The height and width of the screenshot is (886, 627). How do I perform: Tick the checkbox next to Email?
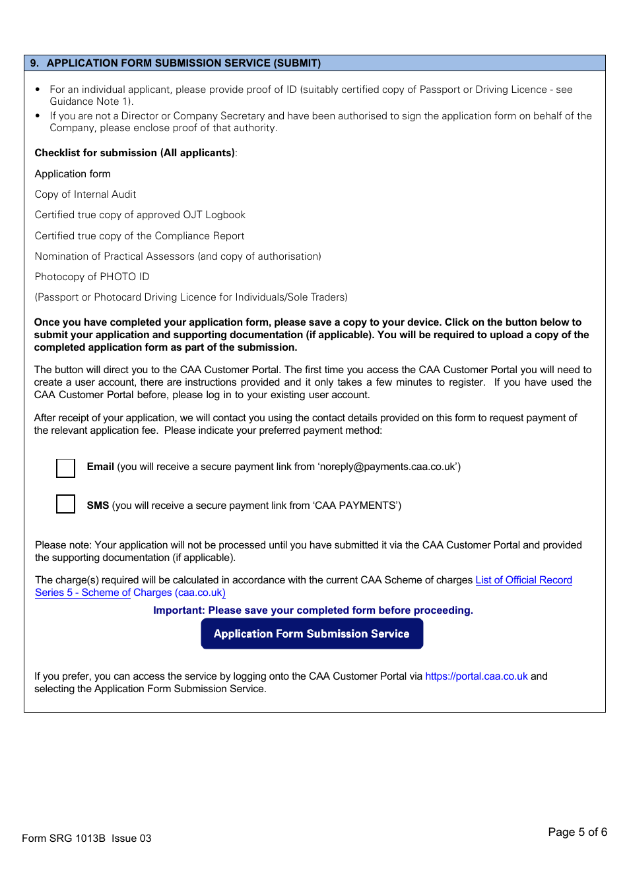tap(66, 468)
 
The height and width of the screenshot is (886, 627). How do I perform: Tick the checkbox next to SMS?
tap(66, 504)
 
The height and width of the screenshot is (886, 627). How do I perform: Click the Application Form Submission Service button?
tap(312, 634)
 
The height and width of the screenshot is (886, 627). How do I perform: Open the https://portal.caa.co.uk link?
tap(476, 676)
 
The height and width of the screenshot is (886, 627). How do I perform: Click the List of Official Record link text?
tap(523, 580)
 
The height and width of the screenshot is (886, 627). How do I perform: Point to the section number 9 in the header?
tap(34, 63)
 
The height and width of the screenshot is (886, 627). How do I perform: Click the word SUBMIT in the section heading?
tap(296, 63)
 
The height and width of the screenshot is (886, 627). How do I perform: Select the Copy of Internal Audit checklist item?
tap(85, 194)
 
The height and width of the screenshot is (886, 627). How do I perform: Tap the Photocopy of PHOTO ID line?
tap(92, 277)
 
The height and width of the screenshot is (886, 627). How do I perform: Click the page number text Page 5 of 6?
tap(577, 832)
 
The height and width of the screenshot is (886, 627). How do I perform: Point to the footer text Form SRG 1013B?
tap(63, 839)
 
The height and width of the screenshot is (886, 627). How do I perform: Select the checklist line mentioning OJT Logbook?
tap(140, 215)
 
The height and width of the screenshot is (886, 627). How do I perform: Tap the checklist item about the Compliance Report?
tap(139, 236)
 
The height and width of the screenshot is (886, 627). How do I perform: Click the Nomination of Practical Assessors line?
tap(178, 256)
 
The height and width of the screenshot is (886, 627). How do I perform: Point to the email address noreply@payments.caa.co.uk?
tap(387, 467)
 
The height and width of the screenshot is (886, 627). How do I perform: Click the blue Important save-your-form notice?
tap(313, 610)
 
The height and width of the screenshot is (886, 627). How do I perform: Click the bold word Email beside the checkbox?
tap(100, 467)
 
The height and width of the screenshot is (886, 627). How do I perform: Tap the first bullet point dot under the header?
tap(38, 90)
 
